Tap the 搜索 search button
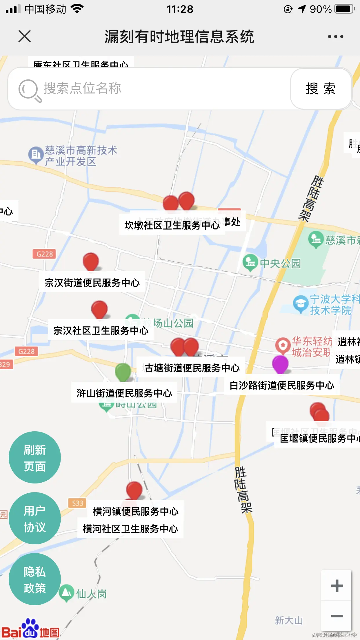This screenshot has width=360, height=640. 321,89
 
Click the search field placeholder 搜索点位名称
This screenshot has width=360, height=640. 82,88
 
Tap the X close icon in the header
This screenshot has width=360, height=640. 24,37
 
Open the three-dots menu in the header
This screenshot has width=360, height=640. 335,37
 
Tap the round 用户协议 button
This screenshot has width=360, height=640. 34,518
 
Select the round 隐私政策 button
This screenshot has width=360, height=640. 34,579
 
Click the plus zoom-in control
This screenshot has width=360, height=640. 337,586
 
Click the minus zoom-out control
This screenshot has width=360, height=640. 337,616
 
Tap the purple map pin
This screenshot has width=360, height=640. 280,364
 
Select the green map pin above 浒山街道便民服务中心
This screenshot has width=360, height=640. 123,372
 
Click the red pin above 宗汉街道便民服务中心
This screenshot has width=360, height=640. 91,261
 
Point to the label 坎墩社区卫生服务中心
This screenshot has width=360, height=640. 172,225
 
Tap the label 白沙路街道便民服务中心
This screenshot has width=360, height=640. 282,386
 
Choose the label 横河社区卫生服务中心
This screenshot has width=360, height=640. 130,529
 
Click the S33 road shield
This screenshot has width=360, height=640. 77,503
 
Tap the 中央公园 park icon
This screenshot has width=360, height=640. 250,262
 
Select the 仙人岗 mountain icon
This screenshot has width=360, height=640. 66,593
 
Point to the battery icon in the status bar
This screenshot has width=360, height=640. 345,9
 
